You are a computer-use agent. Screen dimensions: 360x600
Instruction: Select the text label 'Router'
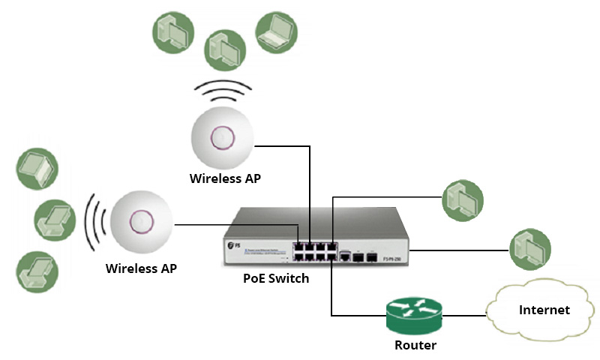click(x=415, y=346)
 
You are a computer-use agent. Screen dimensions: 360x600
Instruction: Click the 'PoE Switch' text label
click(x=276, y=278)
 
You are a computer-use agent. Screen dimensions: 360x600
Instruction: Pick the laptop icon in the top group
click(x=276, y=31)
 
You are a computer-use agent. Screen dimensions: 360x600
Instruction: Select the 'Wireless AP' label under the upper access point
click(x=225, y=178)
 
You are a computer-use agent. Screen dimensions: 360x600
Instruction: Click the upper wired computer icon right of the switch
click(x=463, y=200)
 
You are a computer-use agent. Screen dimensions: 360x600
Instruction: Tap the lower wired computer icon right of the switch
click(x=530, y=249)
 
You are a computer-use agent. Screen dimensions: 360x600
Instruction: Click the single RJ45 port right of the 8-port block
click(x=346, y=256)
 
